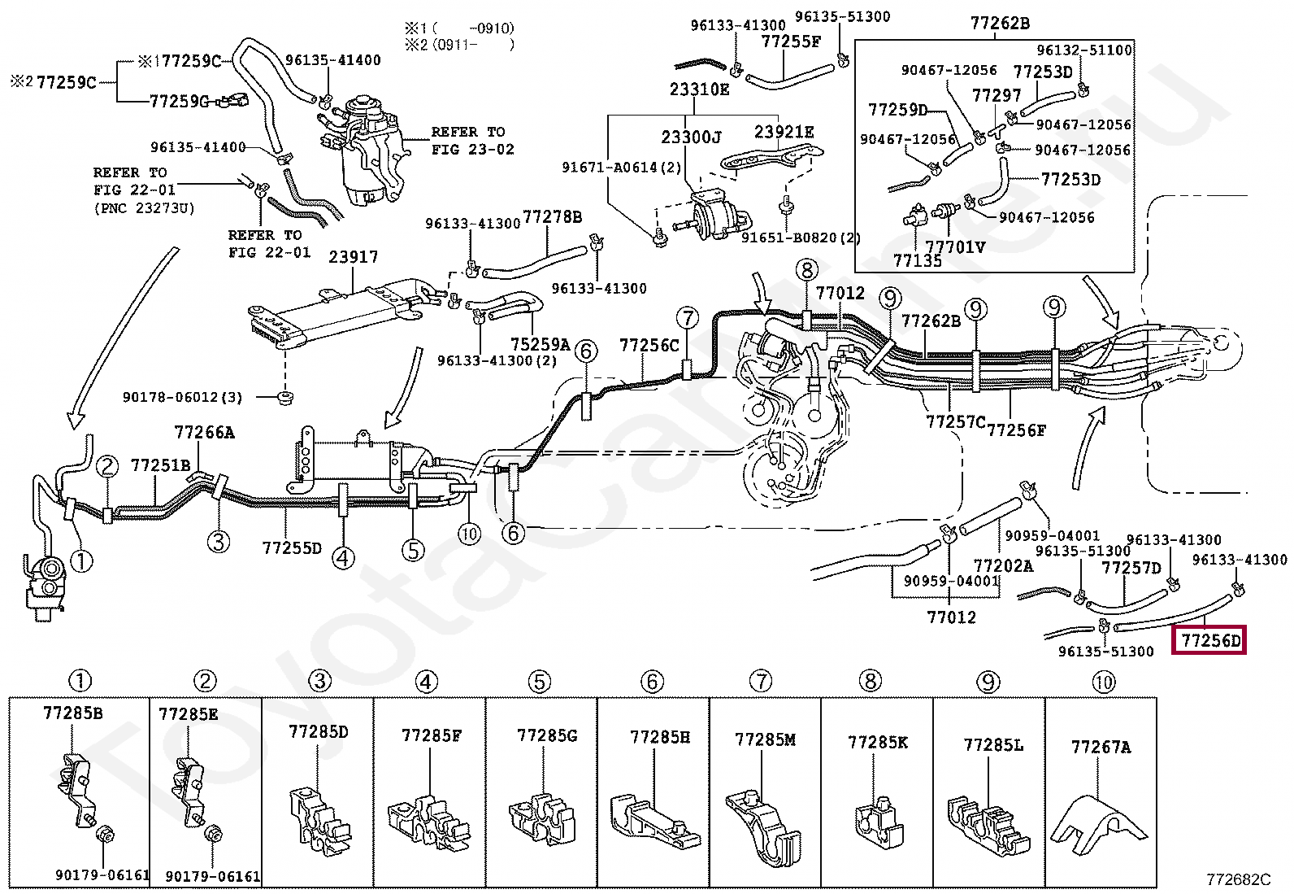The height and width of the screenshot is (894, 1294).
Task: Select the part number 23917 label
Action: click(x=353, y=257)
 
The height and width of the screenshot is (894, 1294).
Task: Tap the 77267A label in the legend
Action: click(x=1101, y=746)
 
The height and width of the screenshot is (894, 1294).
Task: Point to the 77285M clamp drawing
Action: click(x=763, y=821)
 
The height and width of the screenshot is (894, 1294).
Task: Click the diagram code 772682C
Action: click(x=1238, y=879)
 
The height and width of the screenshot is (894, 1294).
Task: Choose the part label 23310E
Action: click(x=699, y=89)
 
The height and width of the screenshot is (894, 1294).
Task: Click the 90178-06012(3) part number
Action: click(x=183, y=397)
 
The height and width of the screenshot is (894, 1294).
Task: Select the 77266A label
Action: click(x=204, y=433)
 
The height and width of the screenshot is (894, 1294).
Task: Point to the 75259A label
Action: click(x=540, y=344)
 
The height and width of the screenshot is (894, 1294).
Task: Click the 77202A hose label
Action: click(x=1003, y=565)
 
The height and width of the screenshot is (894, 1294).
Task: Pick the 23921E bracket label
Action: click(x=784, y=132)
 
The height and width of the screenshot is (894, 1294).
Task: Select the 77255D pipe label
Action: click(x=292, y=547)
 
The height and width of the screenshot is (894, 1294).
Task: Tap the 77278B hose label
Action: click(x=552, y=217)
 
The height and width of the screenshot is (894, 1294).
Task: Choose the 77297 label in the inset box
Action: click(x=996, y=96)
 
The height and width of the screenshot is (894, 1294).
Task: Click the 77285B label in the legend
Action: click(x=72, y=713)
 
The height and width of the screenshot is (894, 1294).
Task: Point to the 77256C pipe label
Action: click(x=649, y=345)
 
